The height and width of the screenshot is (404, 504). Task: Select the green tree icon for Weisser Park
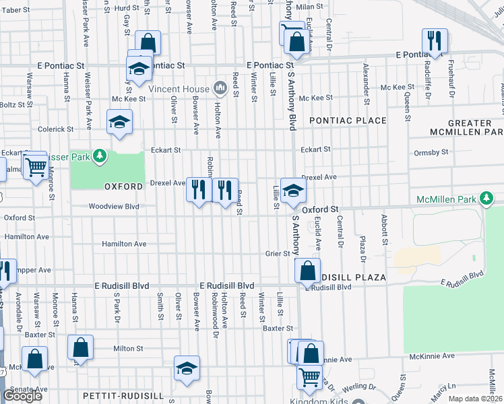point(99,156)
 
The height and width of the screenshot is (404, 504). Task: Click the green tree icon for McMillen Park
point(486,198)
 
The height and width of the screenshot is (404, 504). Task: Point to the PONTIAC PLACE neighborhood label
point(348,121)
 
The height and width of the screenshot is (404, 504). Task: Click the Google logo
point(22,396)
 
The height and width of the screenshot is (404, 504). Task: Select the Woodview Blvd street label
point(114,207)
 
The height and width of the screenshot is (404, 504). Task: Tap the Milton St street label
point(128,348)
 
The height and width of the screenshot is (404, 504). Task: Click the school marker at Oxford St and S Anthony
point(293,190)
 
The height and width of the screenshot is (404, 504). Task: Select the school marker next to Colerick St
point(120,122)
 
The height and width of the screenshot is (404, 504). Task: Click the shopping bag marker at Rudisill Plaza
point(307,271)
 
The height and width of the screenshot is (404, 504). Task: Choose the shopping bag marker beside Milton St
point(80,347)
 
